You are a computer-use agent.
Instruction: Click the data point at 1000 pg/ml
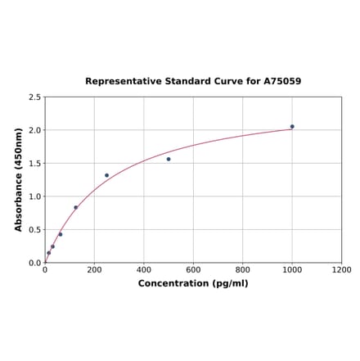(292, 126)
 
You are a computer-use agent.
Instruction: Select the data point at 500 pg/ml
(169, 159)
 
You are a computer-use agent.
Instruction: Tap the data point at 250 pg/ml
(106, 175)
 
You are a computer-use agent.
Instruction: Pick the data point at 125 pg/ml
(76, 207)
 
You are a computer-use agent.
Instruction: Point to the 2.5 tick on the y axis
(34, 97)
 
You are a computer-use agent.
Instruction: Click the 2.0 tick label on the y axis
(34, 130)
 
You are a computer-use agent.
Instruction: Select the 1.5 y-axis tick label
(34, 164)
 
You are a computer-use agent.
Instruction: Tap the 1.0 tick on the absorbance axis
(34, 196)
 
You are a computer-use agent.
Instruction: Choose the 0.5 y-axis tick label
(34, 230)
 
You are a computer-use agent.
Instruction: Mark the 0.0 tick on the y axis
(34, 263)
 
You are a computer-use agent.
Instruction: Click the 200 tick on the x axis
(94, 270)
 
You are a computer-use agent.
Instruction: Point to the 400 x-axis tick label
(144, 270)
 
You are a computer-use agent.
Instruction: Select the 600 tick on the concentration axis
(193, 270)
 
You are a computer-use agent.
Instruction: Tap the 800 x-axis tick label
(243, 270)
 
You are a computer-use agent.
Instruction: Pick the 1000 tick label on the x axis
(292, 270)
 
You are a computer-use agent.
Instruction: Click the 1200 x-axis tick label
(342, 270)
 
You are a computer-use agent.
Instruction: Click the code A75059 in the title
(282, 82)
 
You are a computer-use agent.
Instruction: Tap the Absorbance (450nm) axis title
(18, 179)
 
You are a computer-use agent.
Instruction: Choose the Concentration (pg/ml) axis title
(193, 283)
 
